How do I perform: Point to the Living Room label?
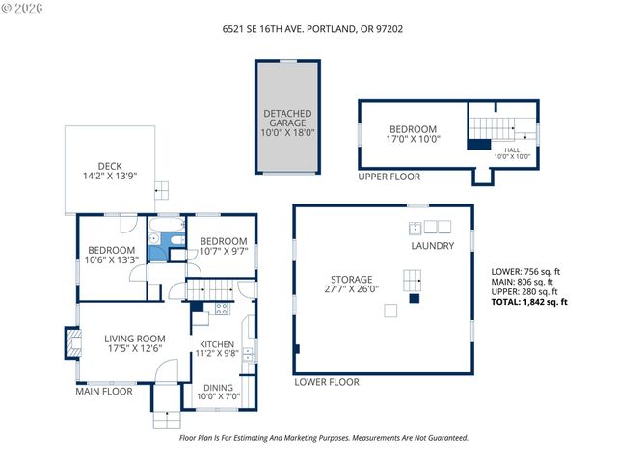(x=136, y=343)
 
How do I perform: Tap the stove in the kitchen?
(x=221, y=310)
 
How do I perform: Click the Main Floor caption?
(x=104, y=392)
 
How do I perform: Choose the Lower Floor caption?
(x=327, y=382)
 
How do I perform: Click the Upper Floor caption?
(x=389, y=177)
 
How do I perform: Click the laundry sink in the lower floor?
(x=415, y=228)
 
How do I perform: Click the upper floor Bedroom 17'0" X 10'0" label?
(x=413, y=134)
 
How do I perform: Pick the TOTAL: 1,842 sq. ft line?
(x=529, y=302)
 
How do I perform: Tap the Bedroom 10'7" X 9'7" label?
(x=223, y=246)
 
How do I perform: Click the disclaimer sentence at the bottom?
(x=324, y=437)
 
